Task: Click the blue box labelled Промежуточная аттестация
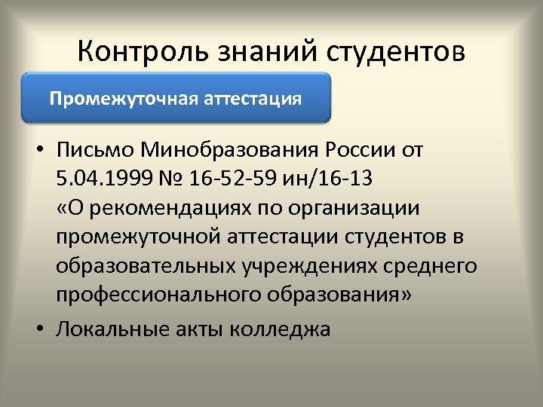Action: (x=176, y=98)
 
